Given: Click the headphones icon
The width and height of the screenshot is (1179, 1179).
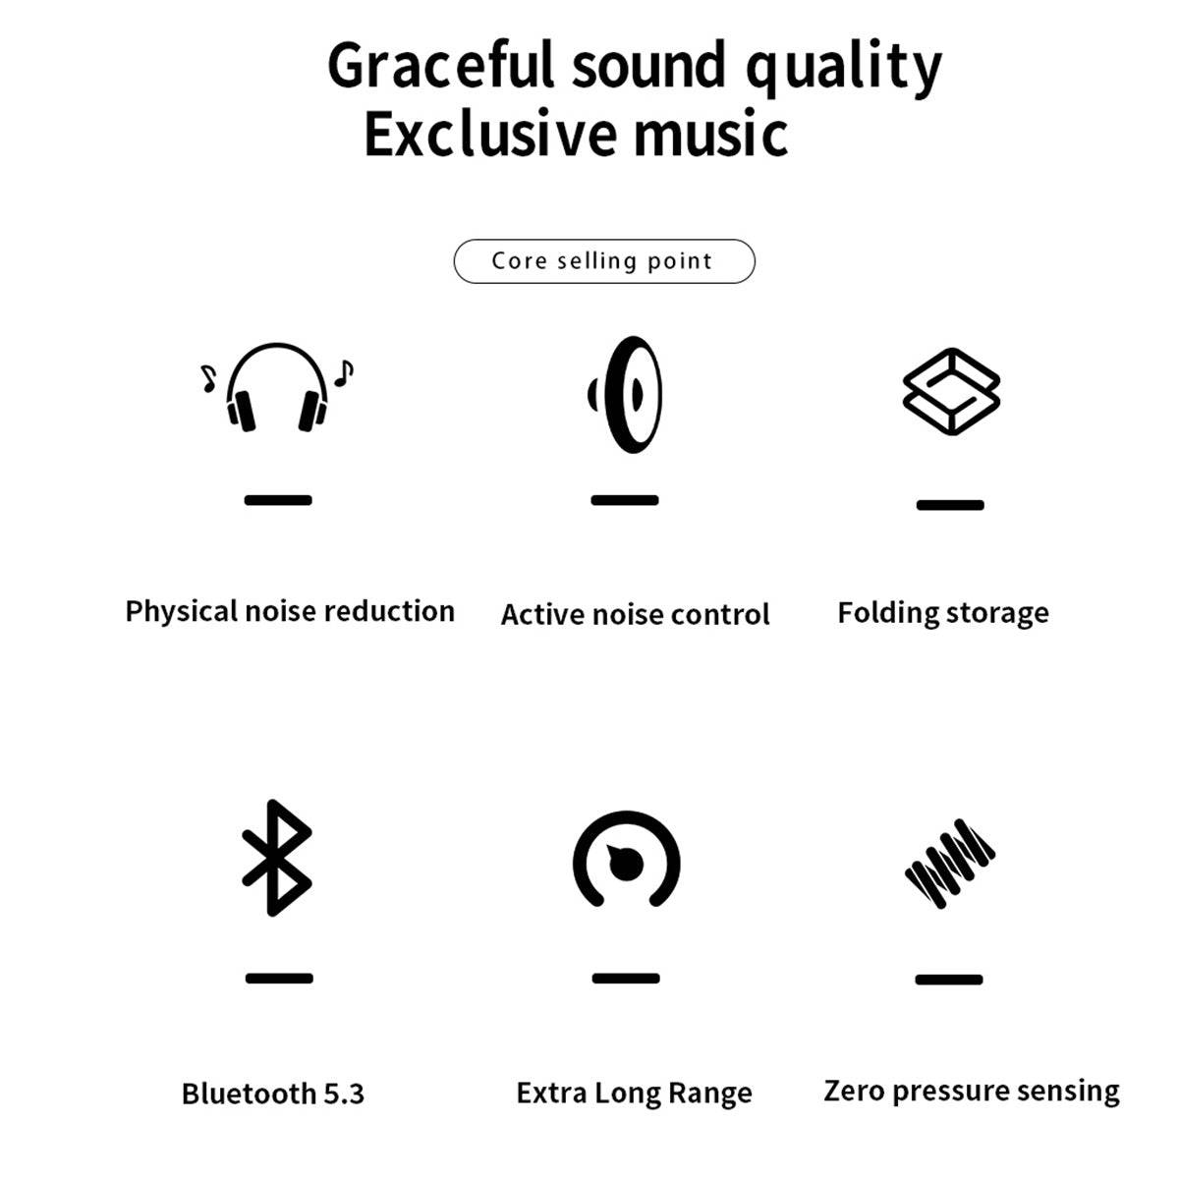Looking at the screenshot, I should point(277,388).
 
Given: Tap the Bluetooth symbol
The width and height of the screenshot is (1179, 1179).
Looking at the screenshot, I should point(277,858).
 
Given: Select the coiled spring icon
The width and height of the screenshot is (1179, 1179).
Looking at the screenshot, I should point(949,865).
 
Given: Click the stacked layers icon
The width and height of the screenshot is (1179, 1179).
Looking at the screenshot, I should point(951,391).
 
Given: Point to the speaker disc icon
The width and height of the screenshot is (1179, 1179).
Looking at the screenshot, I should point(627,394).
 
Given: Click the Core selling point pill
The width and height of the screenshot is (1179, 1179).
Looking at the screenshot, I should point(604,261).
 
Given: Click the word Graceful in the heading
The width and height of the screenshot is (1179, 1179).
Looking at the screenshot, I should point(440,67).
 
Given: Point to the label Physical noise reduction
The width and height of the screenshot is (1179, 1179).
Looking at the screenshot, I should point(290,611).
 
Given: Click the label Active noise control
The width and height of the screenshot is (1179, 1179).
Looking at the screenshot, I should point(635,614).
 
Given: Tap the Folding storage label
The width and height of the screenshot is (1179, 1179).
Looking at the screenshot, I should point(943,613).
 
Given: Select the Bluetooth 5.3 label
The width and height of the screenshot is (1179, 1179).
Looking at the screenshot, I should point(273,1094).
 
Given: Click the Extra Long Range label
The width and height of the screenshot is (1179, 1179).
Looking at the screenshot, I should point(634,1094).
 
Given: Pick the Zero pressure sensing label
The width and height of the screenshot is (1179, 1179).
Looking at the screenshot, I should point(972,1091).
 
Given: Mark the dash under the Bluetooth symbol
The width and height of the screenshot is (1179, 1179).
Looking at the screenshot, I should point(279,979).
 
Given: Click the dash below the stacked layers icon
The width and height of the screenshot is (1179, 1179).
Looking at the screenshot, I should point(950,505).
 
